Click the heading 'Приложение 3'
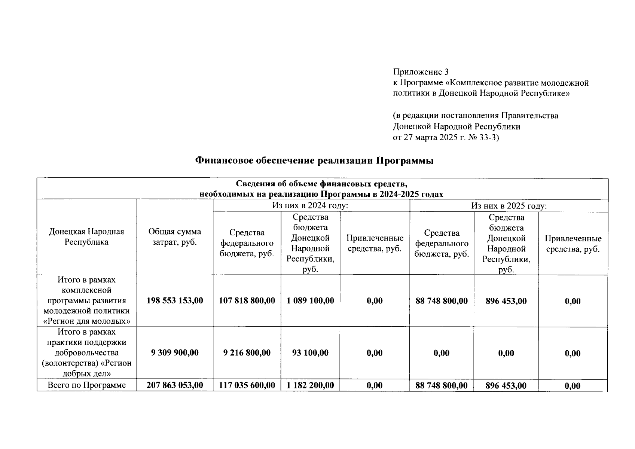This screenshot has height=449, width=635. [421, 72]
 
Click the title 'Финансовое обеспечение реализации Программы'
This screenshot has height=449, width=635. [314, 161]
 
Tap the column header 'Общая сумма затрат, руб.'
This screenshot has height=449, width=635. [174, 237]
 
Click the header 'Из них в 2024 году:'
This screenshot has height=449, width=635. [311, 205]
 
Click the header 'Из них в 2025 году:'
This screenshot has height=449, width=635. [509, 206]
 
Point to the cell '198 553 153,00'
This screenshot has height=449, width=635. [175, 300]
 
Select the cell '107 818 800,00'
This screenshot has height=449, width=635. [247, 300]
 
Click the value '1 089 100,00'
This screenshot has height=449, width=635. [310, 300]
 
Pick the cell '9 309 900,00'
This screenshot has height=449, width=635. [175, 352]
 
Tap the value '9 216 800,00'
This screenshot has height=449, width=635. [247, 352]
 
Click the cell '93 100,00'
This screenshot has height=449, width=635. [310, 352]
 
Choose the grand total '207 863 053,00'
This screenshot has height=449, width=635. [175, 385]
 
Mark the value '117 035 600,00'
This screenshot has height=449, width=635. [247, 385]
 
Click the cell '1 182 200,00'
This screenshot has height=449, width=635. [310, 385]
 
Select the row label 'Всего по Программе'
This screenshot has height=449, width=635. [87, 385]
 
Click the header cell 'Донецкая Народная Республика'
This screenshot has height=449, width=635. [86, 237]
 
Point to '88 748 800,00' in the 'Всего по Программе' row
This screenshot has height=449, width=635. [442, 385]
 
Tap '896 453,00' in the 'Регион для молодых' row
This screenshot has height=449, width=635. [506, 301]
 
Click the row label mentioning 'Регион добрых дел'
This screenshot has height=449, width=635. [86, 352]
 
